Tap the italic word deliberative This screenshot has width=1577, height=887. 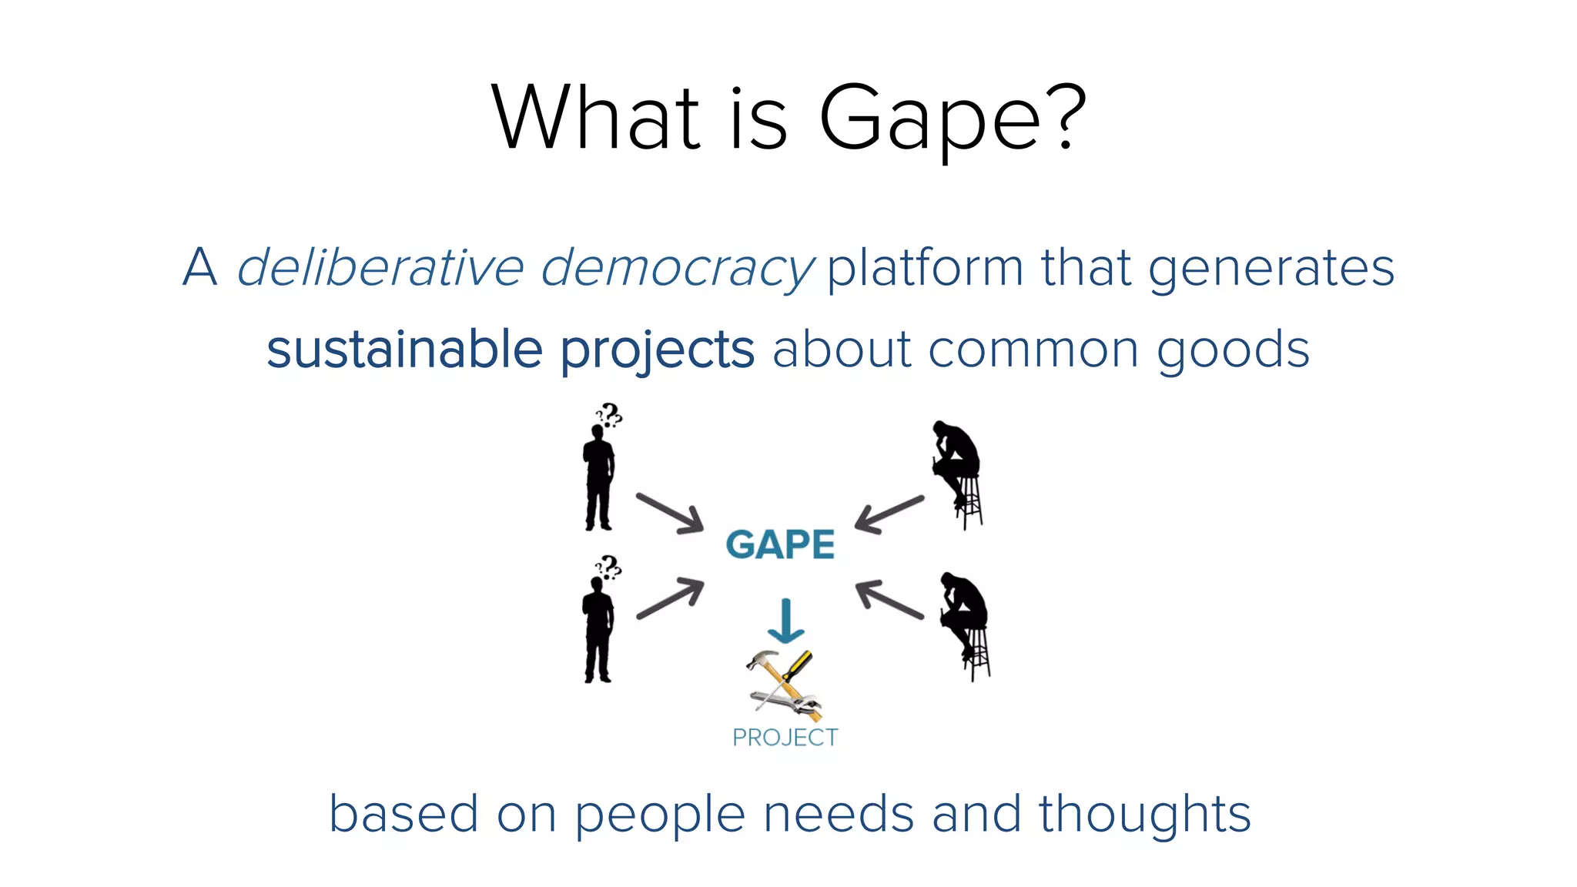[x=380, y=268]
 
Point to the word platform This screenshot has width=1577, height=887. [x=925, y=268]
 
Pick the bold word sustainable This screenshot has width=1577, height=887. [x=405, y=350]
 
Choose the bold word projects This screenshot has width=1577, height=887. [x=657, y=351]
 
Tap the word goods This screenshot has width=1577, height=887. [x=1233, y=351]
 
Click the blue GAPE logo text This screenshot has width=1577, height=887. [x=780, y=544]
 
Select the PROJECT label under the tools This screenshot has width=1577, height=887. [x=785, y=738]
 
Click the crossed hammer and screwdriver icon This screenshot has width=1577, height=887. [x=783, y=684]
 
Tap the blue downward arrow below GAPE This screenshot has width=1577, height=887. [x=785, y=621]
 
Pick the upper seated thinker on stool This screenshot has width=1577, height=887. [x=957, y=471]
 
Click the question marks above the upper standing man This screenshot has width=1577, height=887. [x=608, y=415]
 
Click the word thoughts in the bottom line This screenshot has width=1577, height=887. [x=1144, y=815]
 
